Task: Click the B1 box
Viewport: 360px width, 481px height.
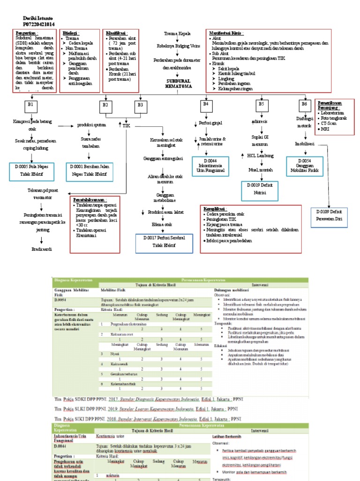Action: [30, 104]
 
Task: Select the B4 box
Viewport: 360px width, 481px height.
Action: [205, 104]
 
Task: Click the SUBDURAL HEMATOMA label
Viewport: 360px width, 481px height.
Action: [178, 84]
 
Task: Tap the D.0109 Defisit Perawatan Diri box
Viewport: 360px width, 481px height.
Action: [329, 215]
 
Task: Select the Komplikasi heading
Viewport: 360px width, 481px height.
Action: [216, 209]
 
